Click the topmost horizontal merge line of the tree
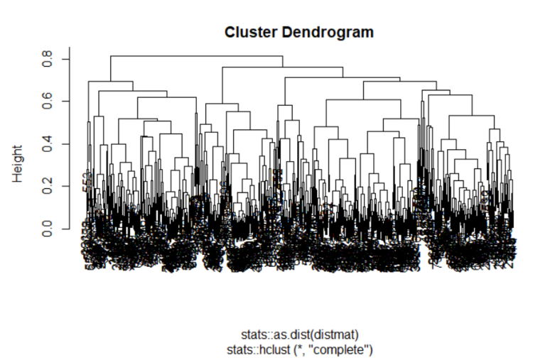(x=196, y=56)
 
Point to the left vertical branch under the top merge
(x=111, y=68)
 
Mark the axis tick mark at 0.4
(x=66, y=144)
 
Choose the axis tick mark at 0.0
(x=66, y=229)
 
